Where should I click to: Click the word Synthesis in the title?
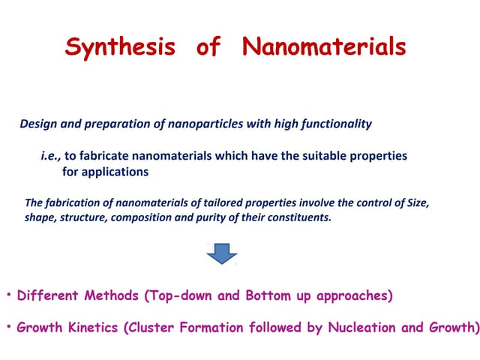pyautogui.click(x=120, y=47)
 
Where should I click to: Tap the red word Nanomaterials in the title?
pyautogui.click(x=324, y=47)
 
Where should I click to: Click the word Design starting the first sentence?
pyautogui.click(x=37, y=124)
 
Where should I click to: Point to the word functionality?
pyautogui.click(x=334, y=124)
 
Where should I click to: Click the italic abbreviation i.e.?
pyautogui.click(x=51, y=156)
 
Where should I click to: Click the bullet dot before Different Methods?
pyautogui.click(x=8, y=294)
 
